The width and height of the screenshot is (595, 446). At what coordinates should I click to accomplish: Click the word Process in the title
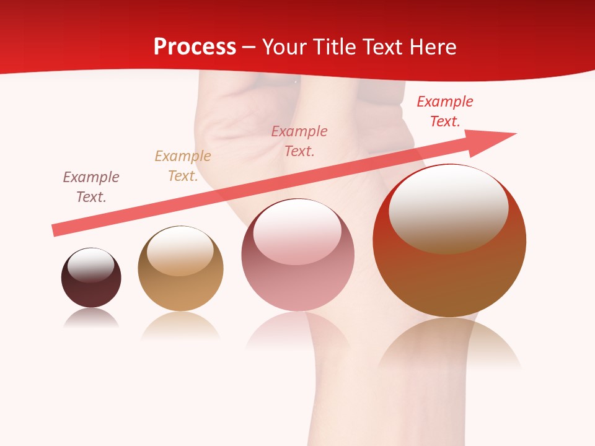(x=195, y=47)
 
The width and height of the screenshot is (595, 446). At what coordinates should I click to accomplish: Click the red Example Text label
(x=445, y=111)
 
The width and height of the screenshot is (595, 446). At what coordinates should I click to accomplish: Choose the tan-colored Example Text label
(x=183, y=166)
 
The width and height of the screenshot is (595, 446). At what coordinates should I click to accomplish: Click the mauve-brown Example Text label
(x=91, y=187)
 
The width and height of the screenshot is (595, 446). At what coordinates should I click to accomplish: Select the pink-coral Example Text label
(x=299, y=141)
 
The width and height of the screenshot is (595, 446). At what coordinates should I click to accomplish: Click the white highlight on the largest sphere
(x=448, y=208)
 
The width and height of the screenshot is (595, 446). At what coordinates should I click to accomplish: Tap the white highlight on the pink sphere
(x=297, y=231)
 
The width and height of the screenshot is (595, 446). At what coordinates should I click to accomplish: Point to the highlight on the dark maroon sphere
(x=90, y=265)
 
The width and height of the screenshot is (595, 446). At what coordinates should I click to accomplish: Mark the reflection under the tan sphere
(x=180, y=325)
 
